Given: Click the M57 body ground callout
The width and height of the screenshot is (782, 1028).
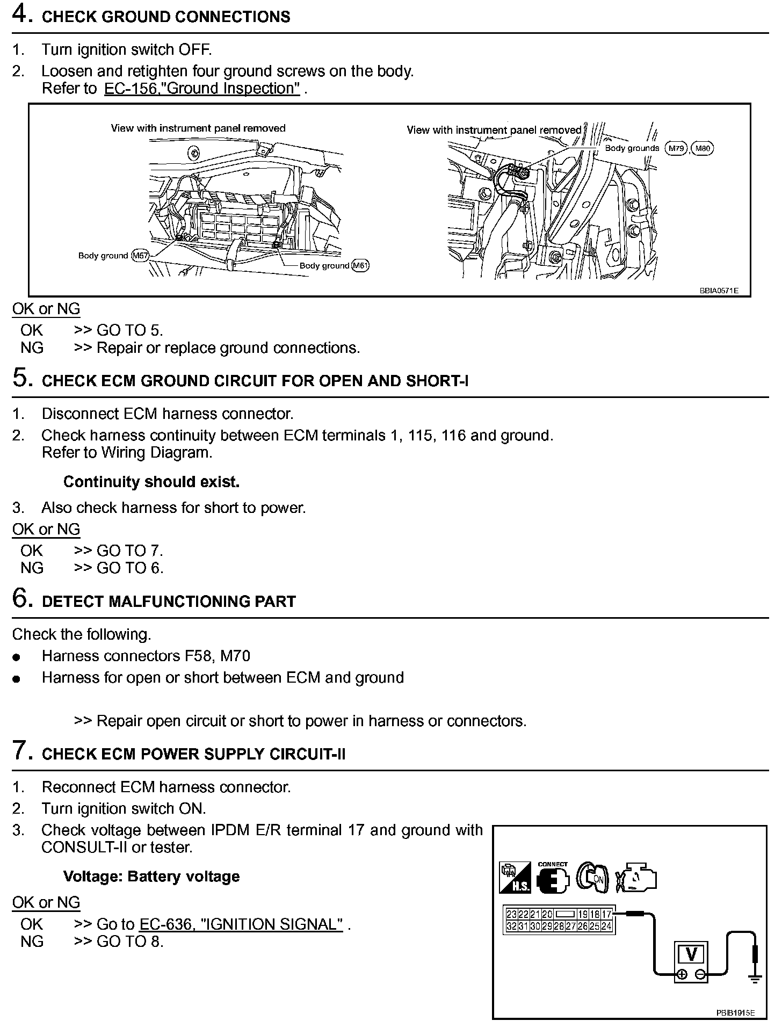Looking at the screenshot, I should tap(140, 256).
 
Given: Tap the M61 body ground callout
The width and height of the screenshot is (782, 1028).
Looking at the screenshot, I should tap(360, 265).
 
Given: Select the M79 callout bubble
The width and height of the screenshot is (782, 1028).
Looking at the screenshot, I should tap(676, 148).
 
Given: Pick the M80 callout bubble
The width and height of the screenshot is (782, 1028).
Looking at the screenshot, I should tap(703, 148).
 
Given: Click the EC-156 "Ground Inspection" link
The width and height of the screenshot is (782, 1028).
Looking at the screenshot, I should tap(202, 89).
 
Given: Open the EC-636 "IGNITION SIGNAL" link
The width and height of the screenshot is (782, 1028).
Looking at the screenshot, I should tap(241, 924).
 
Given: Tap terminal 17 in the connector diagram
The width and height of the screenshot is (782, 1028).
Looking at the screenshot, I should tap(606, 914).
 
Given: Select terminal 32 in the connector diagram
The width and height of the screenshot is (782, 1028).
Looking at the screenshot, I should tap(511, 926).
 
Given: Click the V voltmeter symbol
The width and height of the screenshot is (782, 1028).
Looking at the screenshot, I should tap(691, 954).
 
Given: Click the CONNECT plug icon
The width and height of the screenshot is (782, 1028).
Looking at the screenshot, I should tap(552, 879).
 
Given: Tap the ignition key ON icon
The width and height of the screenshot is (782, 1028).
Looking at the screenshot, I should tap(592, 879).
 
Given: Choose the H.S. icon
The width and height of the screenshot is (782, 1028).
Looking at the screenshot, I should tap(514, 879).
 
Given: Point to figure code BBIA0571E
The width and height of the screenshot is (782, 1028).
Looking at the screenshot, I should tap(719, 291).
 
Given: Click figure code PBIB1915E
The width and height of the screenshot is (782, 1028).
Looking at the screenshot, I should tap(735, 1013).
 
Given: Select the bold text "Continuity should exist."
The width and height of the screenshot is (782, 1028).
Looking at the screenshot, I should tap(151, 482).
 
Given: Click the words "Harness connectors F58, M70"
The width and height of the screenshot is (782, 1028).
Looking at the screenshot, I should tap(146, 656).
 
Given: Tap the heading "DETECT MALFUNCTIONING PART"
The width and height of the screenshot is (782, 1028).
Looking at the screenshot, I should tap(169, 602).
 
